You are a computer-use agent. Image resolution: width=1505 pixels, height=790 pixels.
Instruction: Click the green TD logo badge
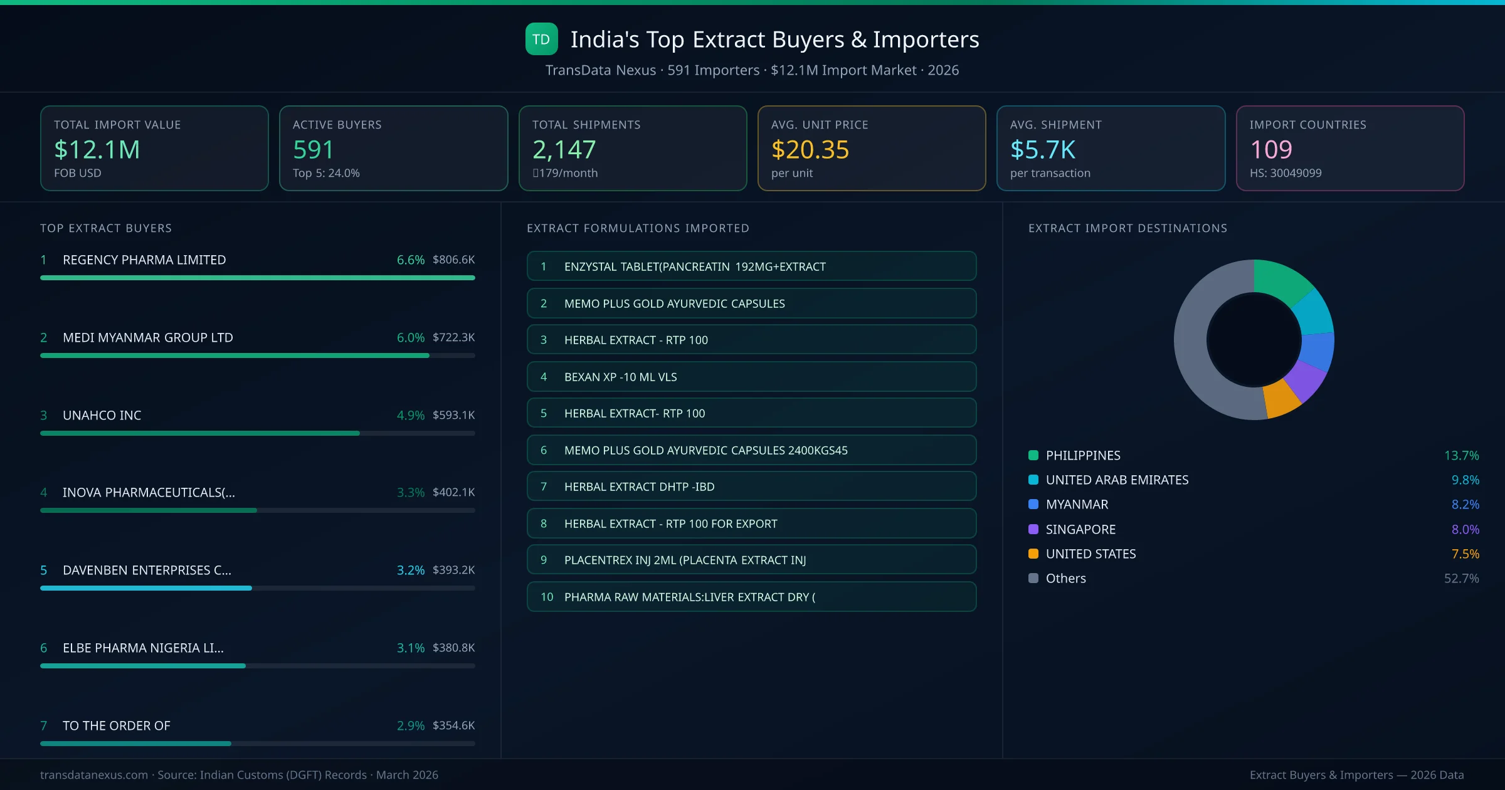coord(541,39)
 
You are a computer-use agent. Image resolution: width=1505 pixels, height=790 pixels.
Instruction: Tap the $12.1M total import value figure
coord(97,150)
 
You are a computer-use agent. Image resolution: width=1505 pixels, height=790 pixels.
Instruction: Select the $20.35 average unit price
coord(810,150)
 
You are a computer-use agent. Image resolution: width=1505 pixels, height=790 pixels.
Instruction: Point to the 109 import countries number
coord(1270,150)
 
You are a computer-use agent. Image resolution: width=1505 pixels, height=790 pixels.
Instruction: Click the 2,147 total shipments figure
coord(564,150)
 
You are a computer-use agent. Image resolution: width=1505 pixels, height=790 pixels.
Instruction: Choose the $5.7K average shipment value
coord(1042,150)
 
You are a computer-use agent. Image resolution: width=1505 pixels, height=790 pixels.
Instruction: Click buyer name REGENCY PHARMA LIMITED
coord(144,260)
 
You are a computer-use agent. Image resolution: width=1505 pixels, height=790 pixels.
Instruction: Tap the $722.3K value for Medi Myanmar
coord(453,337)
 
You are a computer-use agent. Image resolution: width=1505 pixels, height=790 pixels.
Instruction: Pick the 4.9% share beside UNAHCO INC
coord(410,415)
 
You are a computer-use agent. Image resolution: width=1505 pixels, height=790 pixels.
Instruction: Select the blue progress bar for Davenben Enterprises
coord(146,588)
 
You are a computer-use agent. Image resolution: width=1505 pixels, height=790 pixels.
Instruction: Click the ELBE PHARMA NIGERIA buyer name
coord(143,648)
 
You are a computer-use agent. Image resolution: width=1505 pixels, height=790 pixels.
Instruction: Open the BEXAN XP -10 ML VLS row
coord(751,377)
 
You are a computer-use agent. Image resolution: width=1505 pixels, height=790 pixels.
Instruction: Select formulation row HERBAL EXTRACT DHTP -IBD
coord(751,487)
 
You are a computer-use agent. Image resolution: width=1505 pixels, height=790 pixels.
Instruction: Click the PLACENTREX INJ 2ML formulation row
coord(751,560)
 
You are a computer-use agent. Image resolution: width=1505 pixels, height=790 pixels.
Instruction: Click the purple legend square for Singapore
coord(1033,529)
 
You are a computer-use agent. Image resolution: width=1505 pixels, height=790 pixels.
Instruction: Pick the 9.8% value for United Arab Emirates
coord(1465,480)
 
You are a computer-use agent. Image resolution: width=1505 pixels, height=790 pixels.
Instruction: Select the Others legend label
coord(1065,578)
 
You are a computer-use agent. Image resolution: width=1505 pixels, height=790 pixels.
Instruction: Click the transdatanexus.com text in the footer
coord(94,775)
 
